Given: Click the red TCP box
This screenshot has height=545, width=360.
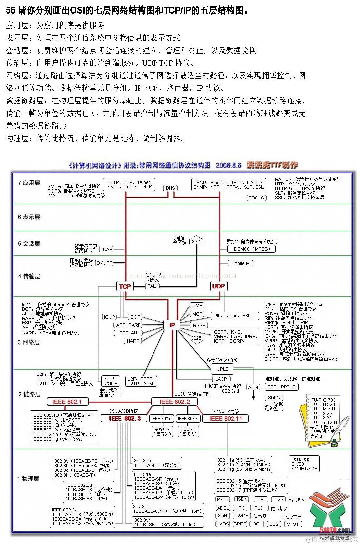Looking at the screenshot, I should (125, 286).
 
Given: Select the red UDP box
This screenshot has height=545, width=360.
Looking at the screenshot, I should (218, 286).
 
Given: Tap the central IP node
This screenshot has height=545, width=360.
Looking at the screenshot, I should (172, 325).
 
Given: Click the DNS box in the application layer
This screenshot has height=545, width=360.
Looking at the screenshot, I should (170, 188).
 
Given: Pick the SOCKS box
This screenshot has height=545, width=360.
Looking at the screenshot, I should (256, 198).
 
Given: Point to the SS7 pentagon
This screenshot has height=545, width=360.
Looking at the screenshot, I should (196, 241).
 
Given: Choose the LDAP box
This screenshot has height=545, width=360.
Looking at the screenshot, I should (106, 249).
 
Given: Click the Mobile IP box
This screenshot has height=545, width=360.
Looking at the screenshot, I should (240, 263).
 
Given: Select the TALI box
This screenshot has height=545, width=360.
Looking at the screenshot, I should (152, 286).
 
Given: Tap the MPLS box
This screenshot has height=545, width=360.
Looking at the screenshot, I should (222, 369).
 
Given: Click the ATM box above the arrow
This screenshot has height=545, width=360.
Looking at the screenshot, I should (253, 387).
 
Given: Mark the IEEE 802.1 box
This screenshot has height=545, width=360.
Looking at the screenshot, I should (67, 402).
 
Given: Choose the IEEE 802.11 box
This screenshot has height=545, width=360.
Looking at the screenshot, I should (225, 418).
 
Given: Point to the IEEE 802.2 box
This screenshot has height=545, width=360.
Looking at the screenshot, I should (175, 402).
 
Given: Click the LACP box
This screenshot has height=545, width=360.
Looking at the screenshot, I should (221, 379).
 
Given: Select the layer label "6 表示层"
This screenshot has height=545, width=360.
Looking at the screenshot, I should (29, 217).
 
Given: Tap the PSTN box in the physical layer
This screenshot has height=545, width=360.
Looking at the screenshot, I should (223, 499).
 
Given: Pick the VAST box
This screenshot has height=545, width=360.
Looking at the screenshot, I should (293, 524).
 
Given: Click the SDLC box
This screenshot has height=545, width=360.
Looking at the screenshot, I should (274, 398).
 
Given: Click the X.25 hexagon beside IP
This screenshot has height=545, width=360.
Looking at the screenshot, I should (196, 338).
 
